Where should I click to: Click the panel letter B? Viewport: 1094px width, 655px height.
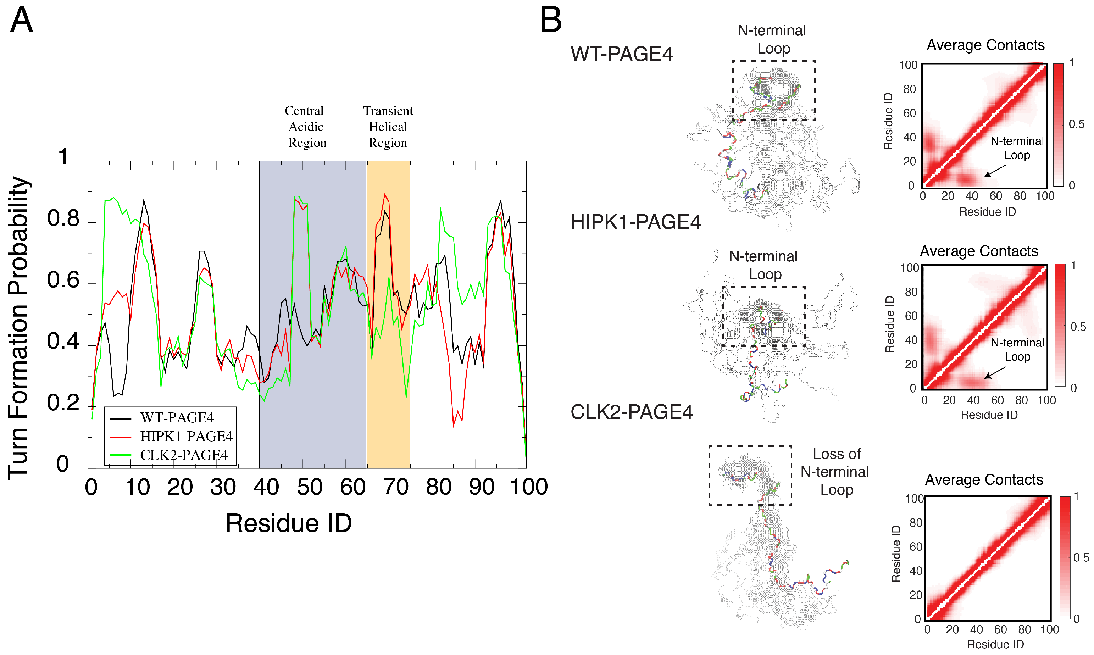pyautogui.click(x=551, y=20)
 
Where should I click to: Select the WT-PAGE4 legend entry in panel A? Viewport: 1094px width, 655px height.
pyautogui.click(x=177, y=417)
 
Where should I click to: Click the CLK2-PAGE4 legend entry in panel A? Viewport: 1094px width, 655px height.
pyautogui.click(x=184, y=455)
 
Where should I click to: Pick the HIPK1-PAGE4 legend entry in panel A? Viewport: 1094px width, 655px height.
pyautogui.click(x=186, y=437)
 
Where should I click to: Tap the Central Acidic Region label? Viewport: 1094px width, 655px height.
pyautogui.click(x=306, y=127)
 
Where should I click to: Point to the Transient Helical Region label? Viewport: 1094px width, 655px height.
pyautogui.click(x=388, y=127)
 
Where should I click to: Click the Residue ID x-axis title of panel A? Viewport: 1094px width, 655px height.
pyautogui.click(x=289, y=523)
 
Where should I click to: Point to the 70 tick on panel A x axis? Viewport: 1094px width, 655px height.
pyautogui.click(x=395, y=487)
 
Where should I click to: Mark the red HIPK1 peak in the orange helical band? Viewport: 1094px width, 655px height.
pyautogui.click(x=385, y=195)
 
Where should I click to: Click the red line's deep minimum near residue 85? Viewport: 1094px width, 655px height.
pyautogui.click(x=453, y=426)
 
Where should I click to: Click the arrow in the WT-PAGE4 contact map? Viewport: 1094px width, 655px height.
pyautogui.click(x=995, y=171)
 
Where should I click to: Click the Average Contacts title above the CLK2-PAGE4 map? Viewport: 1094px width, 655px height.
pyautogui.click(x=984, y=479)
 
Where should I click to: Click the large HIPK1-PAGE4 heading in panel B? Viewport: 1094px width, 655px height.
pyautogui.click(x=635, y=222)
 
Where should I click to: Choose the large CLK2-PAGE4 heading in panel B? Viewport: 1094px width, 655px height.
pyautogui.click(x=632, y=412)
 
